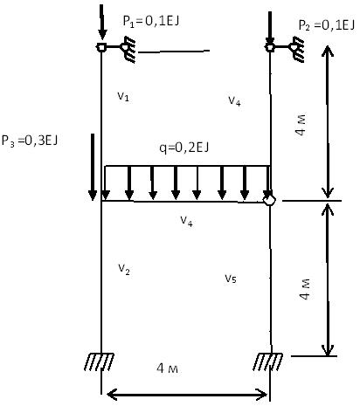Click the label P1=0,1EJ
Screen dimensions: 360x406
coord(151,21)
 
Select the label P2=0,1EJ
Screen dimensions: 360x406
coord(327,25)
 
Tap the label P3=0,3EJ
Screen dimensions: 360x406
coord(30,141)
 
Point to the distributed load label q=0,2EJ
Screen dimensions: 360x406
coord(184,148)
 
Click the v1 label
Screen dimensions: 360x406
coord(123,96)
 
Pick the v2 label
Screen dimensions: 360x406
coord(124,269)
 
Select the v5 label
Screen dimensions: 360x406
coord(231,279)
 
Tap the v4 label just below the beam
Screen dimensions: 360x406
coord(186,221)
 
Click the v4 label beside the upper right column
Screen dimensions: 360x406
coord(234,101)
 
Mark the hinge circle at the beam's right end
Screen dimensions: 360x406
coord(269,200)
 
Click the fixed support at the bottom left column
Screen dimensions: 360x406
coord(99,361)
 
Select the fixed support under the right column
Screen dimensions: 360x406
coord(267,361)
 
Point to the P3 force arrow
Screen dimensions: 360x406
coord(93,167)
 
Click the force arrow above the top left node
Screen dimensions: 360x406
coord(101,22)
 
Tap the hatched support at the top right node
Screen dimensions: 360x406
coord(296,50)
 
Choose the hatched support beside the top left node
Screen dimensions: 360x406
coord(128,50)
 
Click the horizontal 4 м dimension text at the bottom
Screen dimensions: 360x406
coord(167,368)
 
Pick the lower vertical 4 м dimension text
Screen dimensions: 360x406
coord(305,290)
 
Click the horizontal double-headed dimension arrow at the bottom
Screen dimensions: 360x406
coord(187,395)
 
